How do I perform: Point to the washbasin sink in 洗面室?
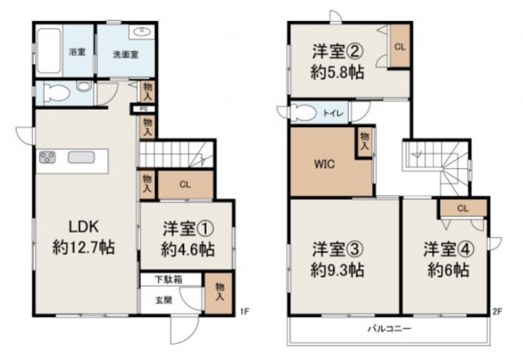point(142,33)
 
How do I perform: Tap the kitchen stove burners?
point(47,159)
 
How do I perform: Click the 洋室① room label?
point(187,230)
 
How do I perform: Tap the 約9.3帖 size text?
point(338,271)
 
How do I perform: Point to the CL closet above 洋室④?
point(462,207)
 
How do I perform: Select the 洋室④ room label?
point(445,247)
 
